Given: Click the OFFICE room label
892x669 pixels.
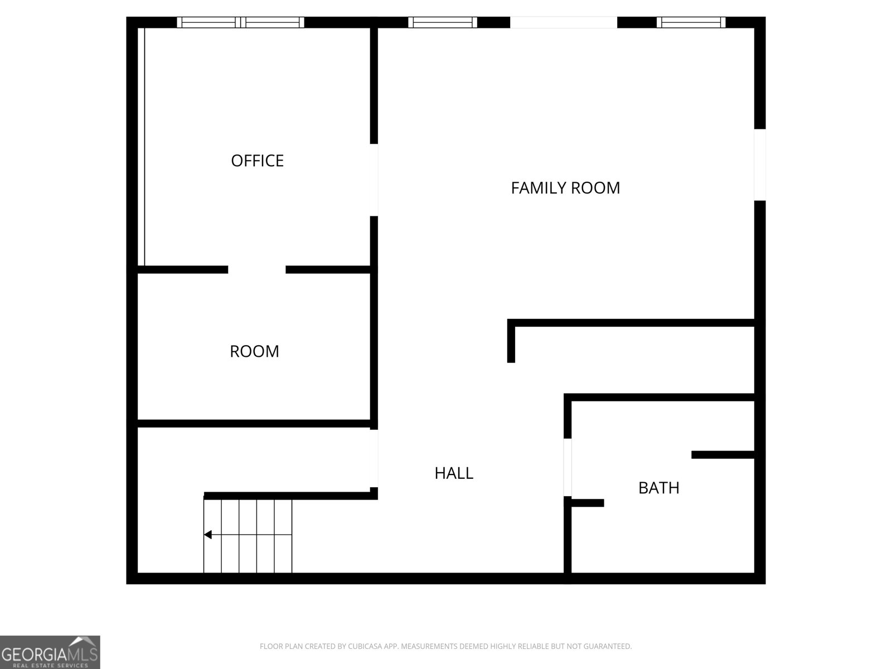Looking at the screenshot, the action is [x=257, y=161].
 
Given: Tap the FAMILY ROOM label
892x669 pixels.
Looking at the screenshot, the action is [x=565, y=188].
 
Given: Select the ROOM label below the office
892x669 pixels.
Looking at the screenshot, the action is [x=254, y=351].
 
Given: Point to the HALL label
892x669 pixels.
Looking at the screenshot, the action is [x=454, y=473].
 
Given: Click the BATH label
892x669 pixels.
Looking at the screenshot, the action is [x=659, y=488].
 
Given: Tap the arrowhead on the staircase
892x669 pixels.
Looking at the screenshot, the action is [x=207, y=535].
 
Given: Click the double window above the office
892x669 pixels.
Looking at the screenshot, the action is [x=241, y=22].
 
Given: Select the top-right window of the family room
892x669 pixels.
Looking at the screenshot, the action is [x=691, y=22].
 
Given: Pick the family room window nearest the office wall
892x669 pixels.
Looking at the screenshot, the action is [x=443, y=22].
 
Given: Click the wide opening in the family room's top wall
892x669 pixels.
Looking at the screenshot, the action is [x=564, y=22].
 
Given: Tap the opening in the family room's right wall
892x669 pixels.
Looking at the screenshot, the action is [x=760, y=165].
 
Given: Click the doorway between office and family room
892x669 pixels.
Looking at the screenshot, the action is [x=374, y=180].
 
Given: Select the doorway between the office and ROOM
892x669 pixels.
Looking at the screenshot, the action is [x=257, y=270].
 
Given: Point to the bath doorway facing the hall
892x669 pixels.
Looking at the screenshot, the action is [x=568, y=468].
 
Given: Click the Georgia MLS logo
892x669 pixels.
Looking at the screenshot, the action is [x=50, y=652].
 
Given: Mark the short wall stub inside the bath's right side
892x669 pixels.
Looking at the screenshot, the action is [x=723, y=455].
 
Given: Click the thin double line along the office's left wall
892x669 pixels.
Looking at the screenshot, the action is [x=142, y=147].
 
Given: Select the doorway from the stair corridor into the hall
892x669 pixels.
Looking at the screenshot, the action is [x=374, y=459].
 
